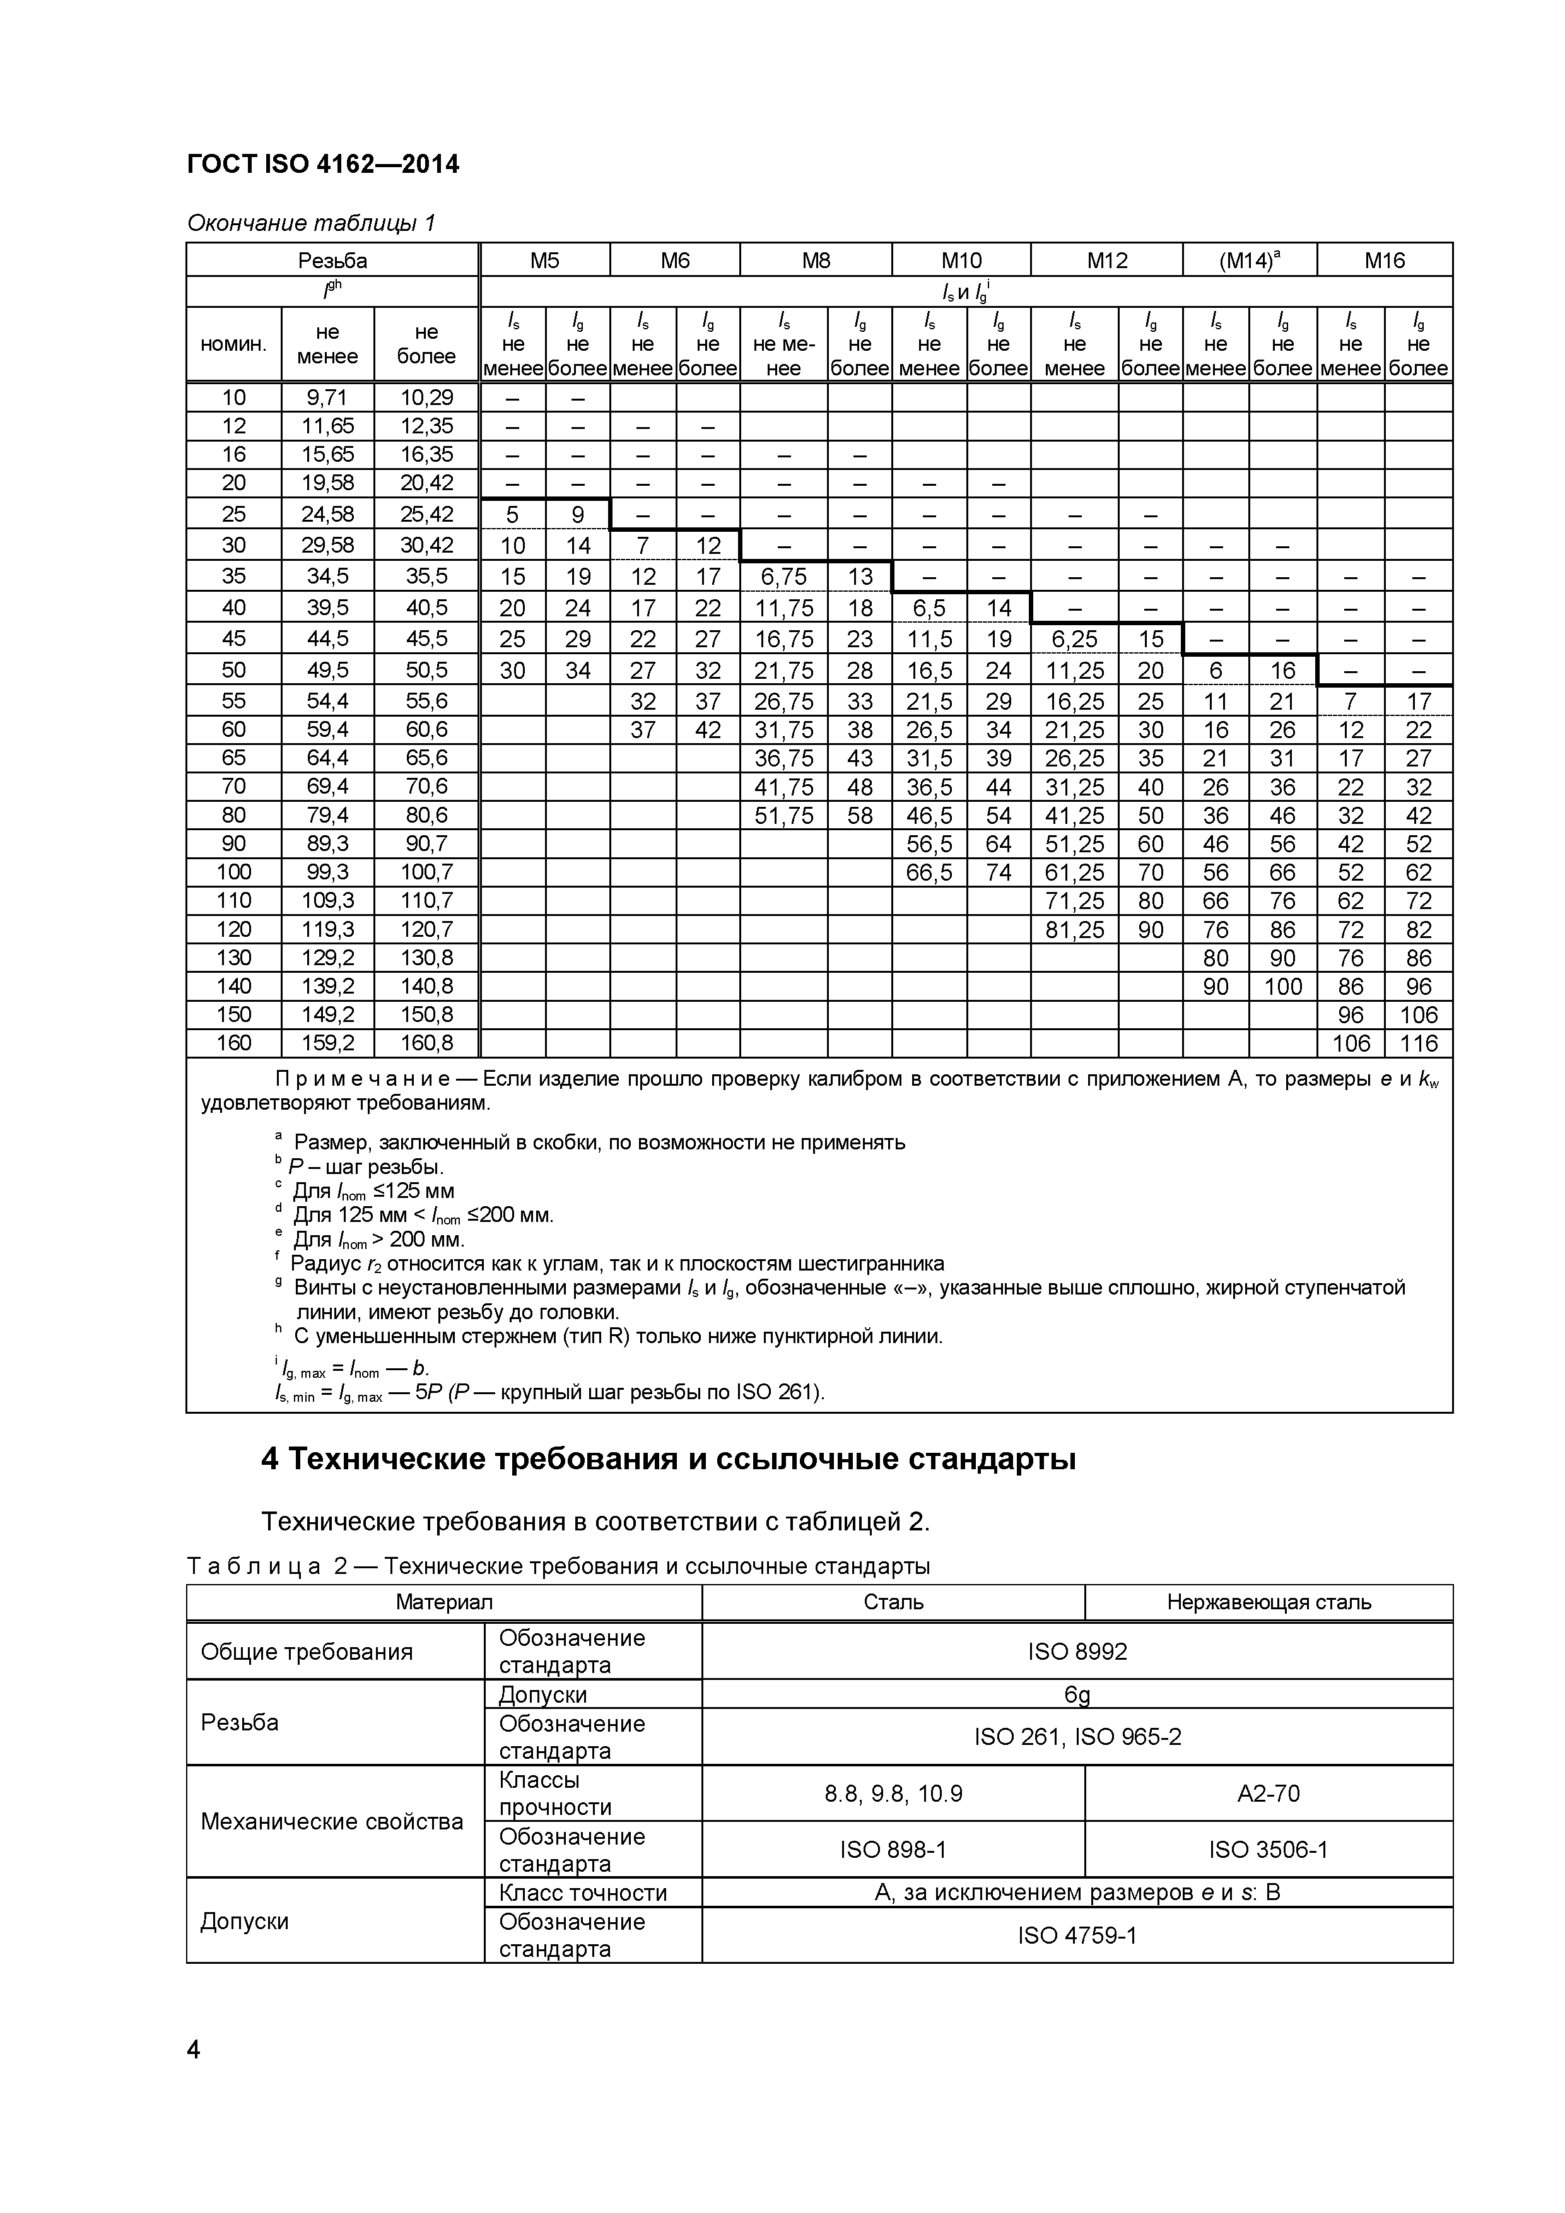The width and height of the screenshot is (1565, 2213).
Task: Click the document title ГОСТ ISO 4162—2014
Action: point(323,165)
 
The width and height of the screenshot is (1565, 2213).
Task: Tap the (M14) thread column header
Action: point(1250,261)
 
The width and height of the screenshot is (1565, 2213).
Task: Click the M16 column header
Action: point(1385,261)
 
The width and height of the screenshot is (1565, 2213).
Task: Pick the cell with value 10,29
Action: point(426,397)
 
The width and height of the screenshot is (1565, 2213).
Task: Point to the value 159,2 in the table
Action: point(327,1043)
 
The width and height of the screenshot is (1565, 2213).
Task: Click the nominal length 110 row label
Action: point(233,900)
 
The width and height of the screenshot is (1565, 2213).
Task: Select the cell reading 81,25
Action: point(1074,929)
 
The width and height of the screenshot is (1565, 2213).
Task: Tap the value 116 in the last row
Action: point(1419,1043)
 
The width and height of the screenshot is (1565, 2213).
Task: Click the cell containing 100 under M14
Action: point(1282,986)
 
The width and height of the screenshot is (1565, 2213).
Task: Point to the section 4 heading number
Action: point(270,1460)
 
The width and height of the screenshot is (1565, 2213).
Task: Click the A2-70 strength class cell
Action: point(1268,1793)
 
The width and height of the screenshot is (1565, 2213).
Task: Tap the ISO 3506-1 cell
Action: point(1268,1848)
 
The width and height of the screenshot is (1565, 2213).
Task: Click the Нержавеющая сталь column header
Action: point(1268,1602)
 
